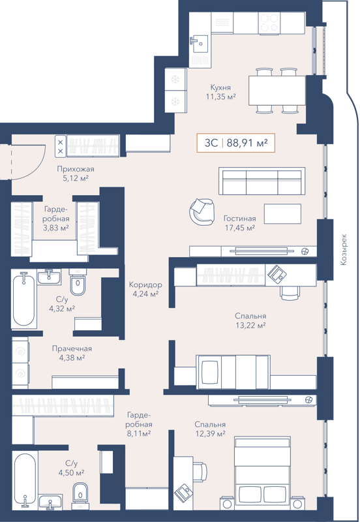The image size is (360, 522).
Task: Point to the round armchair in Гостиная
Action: click(x=201, y=210)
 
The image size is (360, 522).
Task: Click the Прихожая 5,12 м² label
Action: click(x=72, y=172)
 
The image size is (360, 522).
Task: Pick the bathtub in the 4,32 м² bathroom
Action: click(x=23, y=299)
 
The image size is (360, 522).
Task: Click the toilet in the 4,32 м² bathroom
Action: click(x=78, y=284)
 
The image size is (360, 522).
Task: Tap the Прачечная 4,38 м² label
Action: click(x=72, y=353)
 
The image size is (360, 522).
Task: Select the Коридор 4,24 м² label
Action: click(x=145, y=289)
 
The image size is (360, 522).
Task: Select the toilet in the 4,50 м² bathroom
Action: click(x=80, y=492)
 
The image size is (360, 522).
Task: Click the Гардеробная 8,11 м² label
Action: click(x=140, y=423)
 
